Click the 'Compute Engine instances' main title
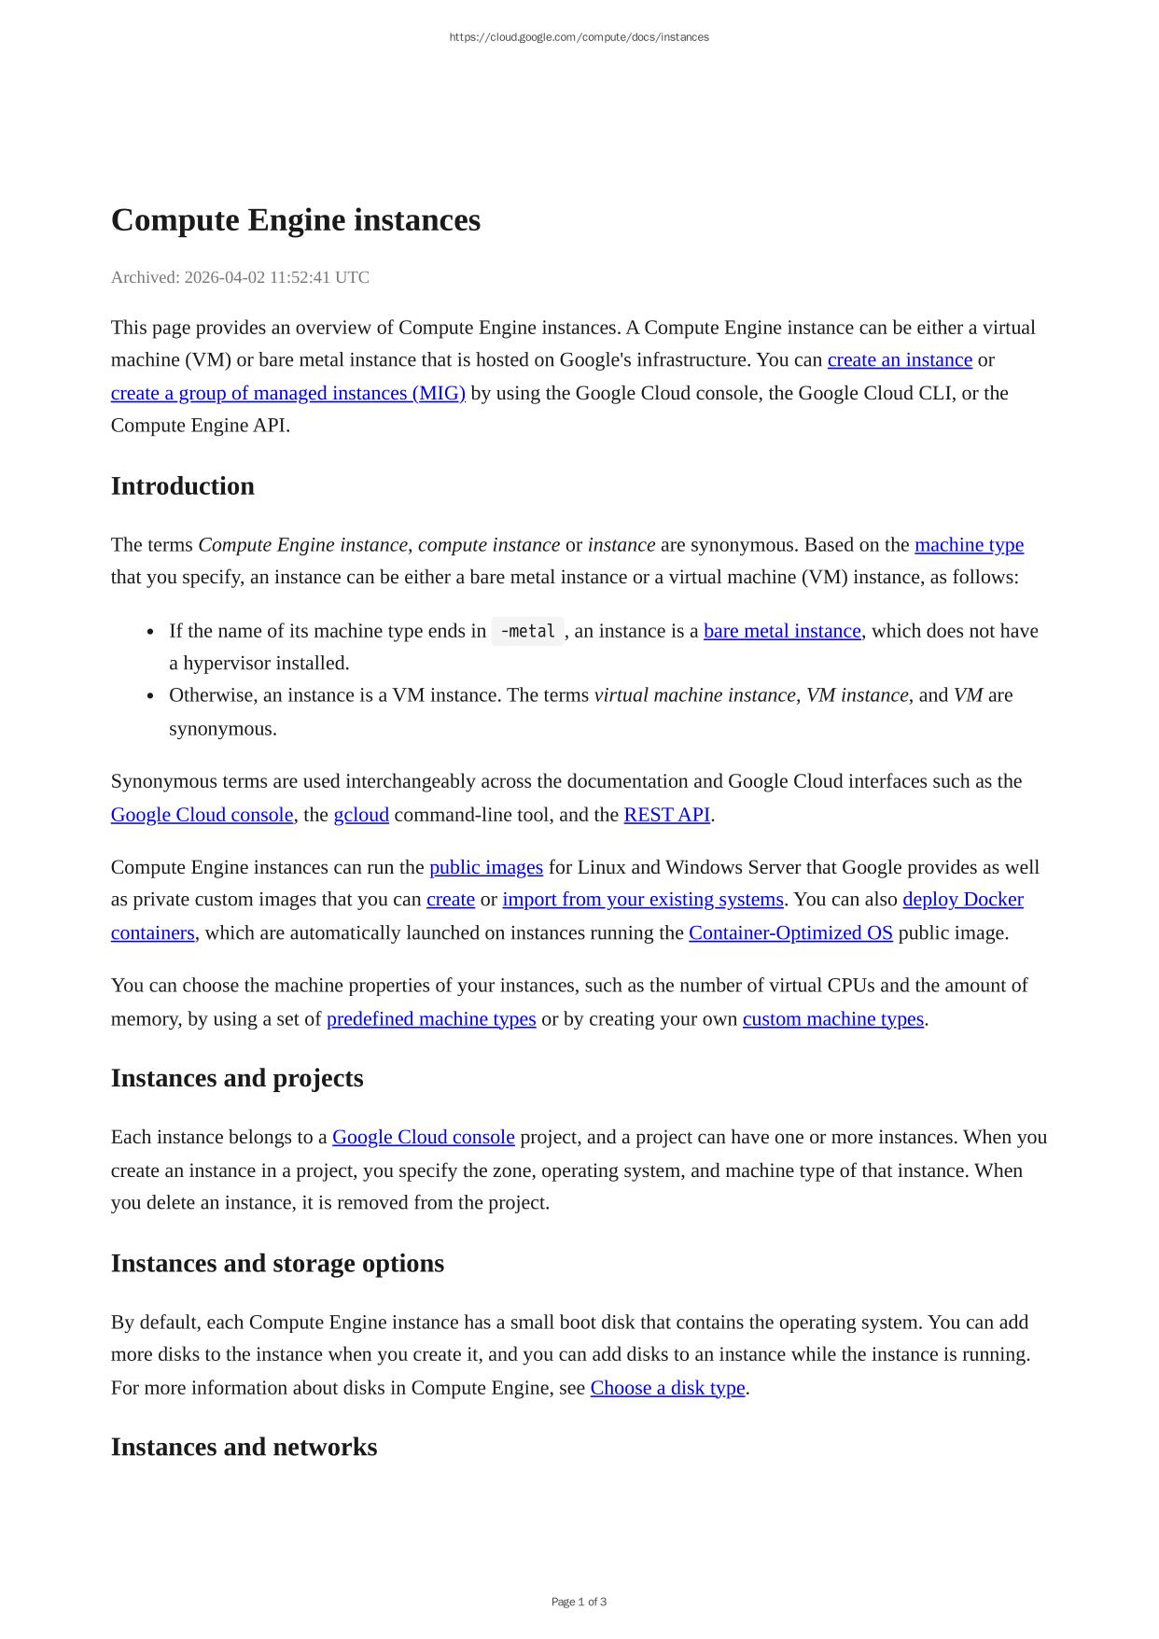point(295,220)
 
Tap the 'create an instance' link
point(899,360)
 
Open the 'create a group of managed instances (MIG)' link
point(287,393)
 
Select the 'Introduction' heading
point(182,486)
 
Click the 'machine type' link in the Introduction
point(969,545)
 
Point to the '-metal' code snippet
point(527,631)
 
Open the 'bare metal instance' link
point(782,631)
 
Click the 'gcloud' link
point(361,815)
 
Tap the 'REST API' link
point(666,815)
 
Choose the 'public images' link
point(485,867)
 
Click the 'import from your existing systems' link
point(642,900)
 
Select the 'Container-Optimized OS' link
point(790,933)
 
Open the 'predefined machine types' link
point(431,1019)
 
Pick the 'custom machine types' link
point(832,1019)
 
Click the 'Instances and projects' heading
point(237,1078)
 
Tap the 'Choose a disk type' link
point(667,1388)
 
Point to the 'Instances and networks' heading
point(244,1447)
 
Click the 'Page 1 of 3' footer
point(579,1602)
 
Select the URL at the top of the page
point(579,37)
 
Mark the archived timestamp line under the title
point(240,277)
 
